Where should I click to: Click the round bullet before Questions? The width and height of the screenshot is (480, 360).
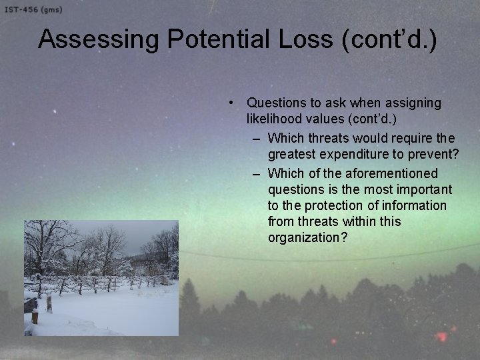click(229, 103)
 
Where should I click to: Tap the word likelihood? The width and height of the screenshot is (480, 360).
click(275, 119)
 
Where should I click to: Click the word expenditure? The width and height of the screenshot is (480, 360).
click(353, 155)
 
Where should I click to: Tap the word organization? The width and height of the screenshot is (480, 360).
click(307, 238)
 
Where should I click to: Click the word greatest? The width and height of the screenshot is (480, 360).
click(293, 155)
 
